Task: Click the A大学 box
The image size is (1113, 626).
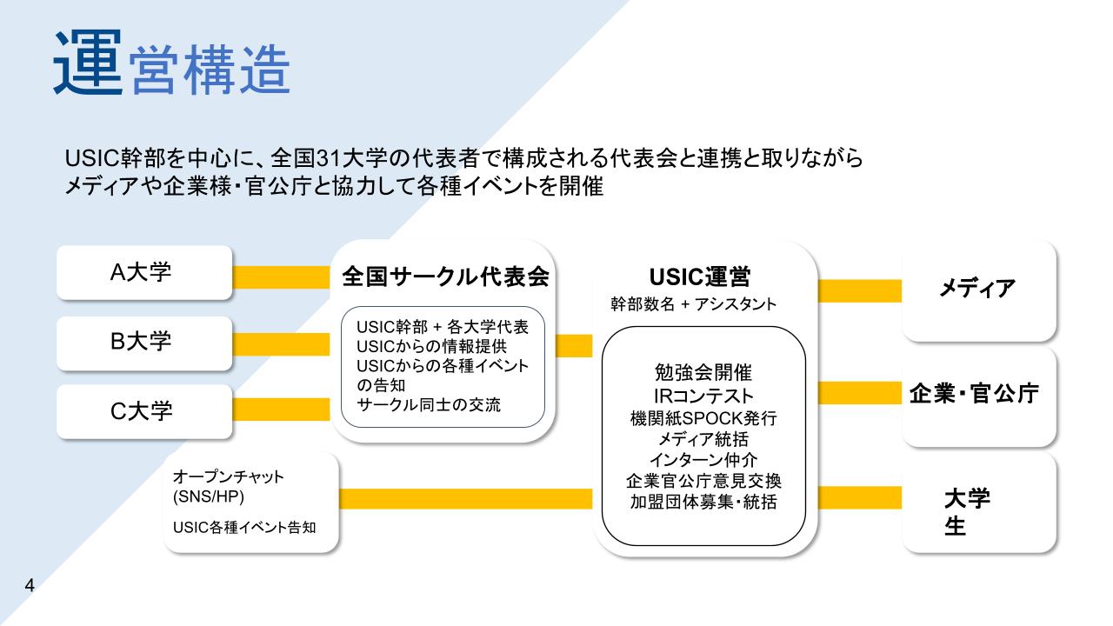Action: pyautogui.click(x=144, y=272)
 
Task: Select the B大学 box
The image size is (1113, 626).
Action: pyautogui.click(x=144, y=343)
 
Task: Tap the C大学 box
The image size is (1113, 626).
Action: pyautogui.click(x=144, y=411)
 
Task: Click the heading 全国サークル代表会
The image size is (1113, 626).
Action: pyautogui.click(x=445, y=276)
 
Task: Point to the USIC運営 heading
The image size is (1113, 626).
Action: pyautogui.click(x=700, y=276)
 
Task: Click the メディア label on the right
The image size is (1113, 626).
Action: pyautogui.click(x=976, y=288)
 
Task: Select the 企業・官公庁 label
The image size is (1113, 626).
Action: pyautogui.click(x=974, y=394)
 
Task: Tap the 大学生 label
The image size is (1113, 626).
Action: pyautogui.click(x=967, y=512)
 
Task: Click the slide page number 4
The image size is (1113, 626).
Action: pyautogui.click(x=30, y=585)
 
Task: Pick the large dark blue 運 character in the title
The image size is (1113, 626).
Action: pyautogui.click(x=88, y=62)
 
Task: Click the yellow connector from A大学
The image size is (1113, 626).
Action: pyautogui.click(x=281, y=277)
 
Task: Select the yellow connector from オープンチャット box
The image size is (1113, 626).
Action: pyautogui.click(x=465, y=499)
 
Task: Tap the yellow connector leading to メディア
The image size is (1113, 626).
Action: pyautogui.click(x=860, y=291)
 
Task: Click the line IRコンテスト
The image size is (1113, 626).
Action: pyautogui.click(x=703, y=396)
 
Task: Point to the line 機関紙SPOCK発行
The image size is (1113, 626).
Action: pyautogui.click(x=703, y=418)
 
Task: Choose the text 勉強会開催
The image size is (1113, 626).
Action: pyautogui.click(x=703, y=372)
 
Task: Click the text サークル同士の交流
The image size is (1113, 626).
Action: pyautogui.click(x=429, y=404)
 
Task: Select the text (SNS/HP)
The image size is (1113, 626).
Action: pyautogui.click(x=208, y=496)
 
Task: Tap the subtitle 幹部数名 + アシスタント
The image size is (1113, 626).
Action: pyautogui.click(x=693, y=304)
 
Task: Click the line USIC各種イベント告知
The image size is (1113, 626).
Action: pyautogui.click(x=244, y=527)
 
